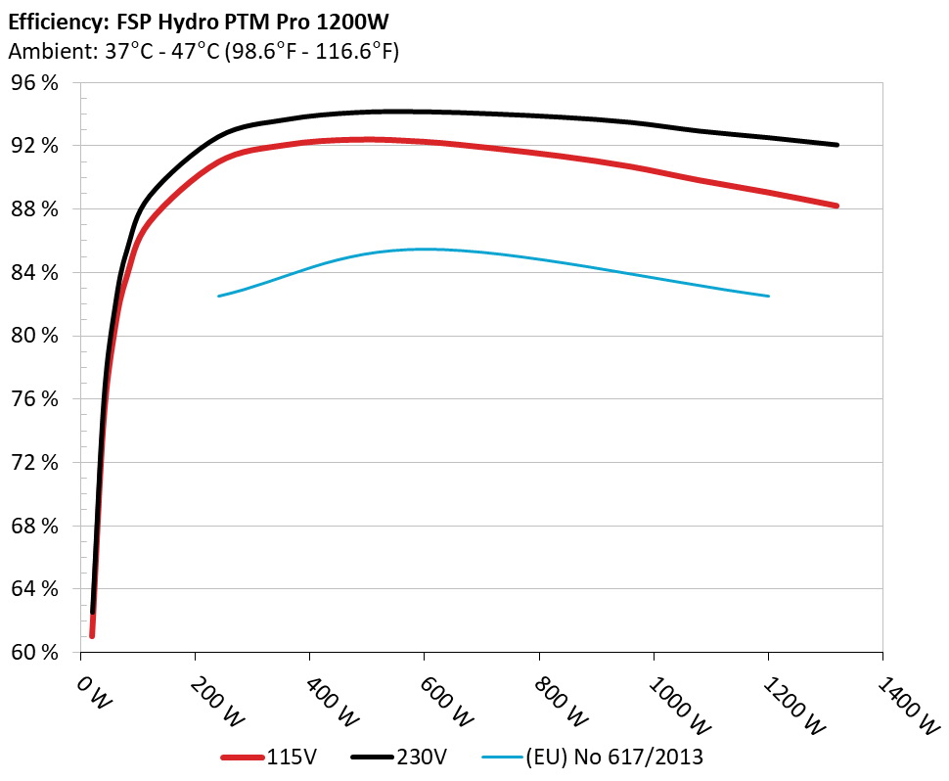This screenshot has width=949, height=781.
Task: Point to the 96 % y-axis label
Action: tap(34, 83)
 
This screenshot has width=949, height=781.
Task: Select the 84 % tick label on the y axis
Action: tap(34, 272)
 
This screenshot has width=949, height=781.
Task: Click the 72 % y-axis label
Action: tap(34, 462)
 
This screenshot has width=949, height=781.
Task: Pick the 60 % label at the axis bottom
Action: tap(34, 652)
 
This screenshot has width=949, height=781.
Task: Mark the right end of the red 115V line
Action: tap(837, 206)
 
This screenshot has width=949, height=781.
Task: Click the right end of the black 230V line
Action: tap(837, 145)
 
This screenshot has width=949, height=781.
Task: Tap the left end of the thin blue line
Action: tap(218, 296)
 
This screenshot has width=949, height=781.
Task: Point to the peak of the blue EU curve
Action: tap(424, 249)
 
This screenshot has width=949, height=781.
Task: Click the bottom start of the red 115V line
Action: tap(92, 636)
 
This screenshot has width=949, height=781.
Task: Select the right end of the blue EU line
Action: tap(768, 296)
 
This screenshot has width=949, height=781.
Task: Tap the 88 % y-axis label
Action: tap(34, 209)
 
